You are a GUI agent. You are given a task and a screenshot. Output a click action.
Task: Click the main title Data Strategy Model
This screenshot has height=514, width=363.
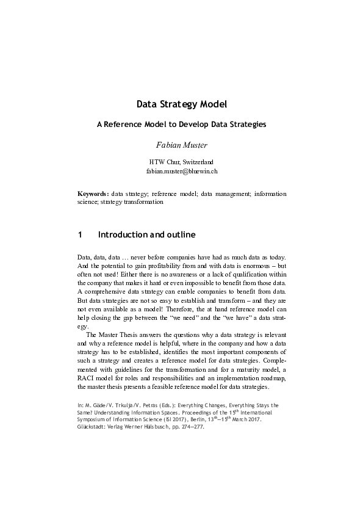coord(181,104)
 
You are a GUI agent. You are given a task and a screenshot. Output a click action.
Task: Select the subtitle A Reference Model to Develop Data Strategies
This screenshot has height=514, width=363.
coord(181,124)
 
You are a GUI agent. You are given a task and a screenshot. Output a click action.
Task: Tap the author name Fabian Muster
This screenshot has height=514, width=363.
coord(181,145)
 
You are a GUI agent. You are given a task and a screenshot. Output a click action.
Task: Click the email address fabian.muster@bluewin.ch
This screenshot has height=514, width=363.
coord(181,172)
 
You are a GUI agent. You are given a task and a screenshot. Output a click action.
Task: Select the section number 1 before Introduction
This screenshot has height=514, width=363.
coord(79,234)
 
